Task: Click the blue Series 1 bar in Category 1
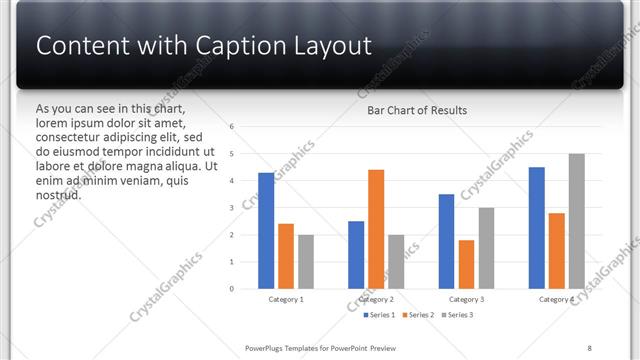(266, 231)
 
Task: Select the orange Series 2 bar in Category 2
(376, 229)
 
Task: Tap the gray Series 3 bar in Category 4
(577, 221)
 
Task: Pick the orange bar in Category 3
(466, 264)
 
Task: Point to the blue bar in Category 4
(537, 228)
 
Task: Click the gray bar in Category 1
(306, 262)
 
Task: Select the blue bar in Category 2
(356, 255)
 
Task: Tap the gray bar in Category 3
(486, 248)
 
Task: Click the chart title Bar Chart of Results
(417, 110)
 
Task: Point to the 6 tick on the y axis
(231, 127)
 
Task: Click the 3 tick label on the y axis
(231, 208)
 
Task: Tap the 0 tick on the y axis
(231, 289)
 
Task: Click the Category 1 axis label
(286, 299)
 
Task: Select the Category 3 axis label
(466, 299)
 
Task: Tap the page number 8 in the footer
(589, 347)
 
